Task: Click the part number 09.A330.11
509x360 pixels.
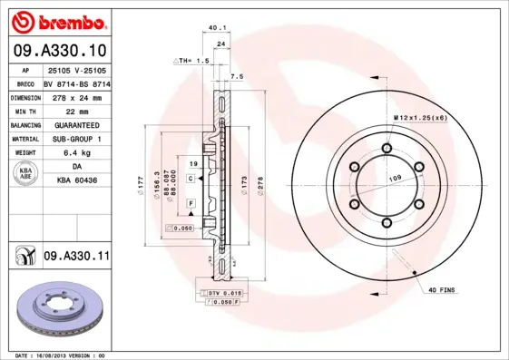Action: [76, 258]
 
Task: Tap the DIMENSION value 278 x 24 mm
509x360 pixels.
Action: [77, 96]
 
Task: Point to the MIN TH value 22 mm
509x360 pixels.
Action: [77, 110]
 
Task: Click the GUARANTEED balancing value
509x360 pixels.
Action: [77, 124]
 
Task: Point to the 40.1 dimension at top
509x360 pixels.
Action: [217, 28]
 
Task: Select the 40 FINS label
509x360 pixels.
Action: [441, 290]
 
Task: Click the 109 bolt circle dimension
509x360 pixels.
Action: [396, 179]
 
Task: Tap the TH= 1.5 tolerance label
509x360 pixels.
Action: [192, 60]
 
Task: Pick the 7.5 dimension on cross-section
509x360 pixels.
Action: [237, 77]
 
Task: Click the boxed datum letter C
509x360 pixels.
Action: [191, 180]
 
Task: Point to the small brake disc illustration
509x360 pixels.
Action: [57, 308]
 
